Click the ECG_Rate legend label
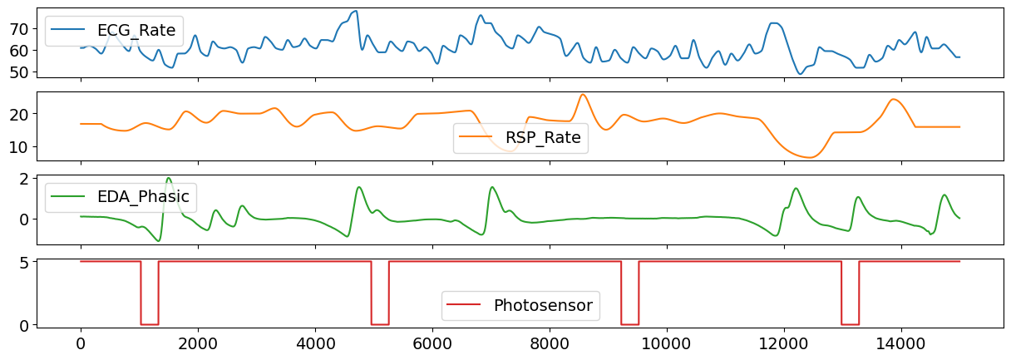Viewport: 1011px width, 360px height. pyautogui.click(x=136, y=31)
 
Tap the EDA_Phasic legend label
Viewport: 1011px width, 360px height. pyautogui.click(x=142, y=198)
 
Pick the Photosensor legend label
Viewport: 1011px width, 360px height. pyautogui.click(x=542, y=305)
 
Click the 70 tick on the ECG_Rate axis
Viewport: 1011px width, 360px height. pyautogui.click(x=19, y=28)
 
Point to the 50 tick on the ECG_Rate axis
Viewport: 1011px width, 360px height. pyautogui.click(x=19, y=72)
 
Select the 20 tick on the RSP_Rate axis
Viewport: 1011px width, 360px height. pyautogui.click(x=19, y=114)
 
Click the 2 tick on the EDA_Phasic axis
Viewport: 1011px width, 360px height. pyautogui.click(x=24, y=179)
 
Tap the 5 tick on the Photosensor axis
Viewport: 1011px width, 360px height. pyautogui.click(x=24, y=262)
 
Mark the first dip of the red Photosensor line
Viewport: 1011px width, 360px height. pyautogui.click(x=150, y=323)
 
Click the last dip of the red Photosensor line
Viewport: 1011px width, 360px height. pyautogui.click(x=850, y=323)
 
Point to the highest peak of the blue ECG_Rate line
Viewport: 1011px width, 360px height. pyautogui.click(x=356, y=11)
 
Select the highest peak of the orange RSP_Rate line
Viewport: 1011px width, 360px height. pyautogui.click(x=583, y=95)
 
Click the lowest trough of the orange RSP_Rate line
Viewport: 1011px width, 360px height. pyautogui.click(x=811, y=157)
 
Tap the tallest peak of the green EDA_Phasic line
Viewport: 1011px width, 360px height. pyautogui.click(x=169, y=178)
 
